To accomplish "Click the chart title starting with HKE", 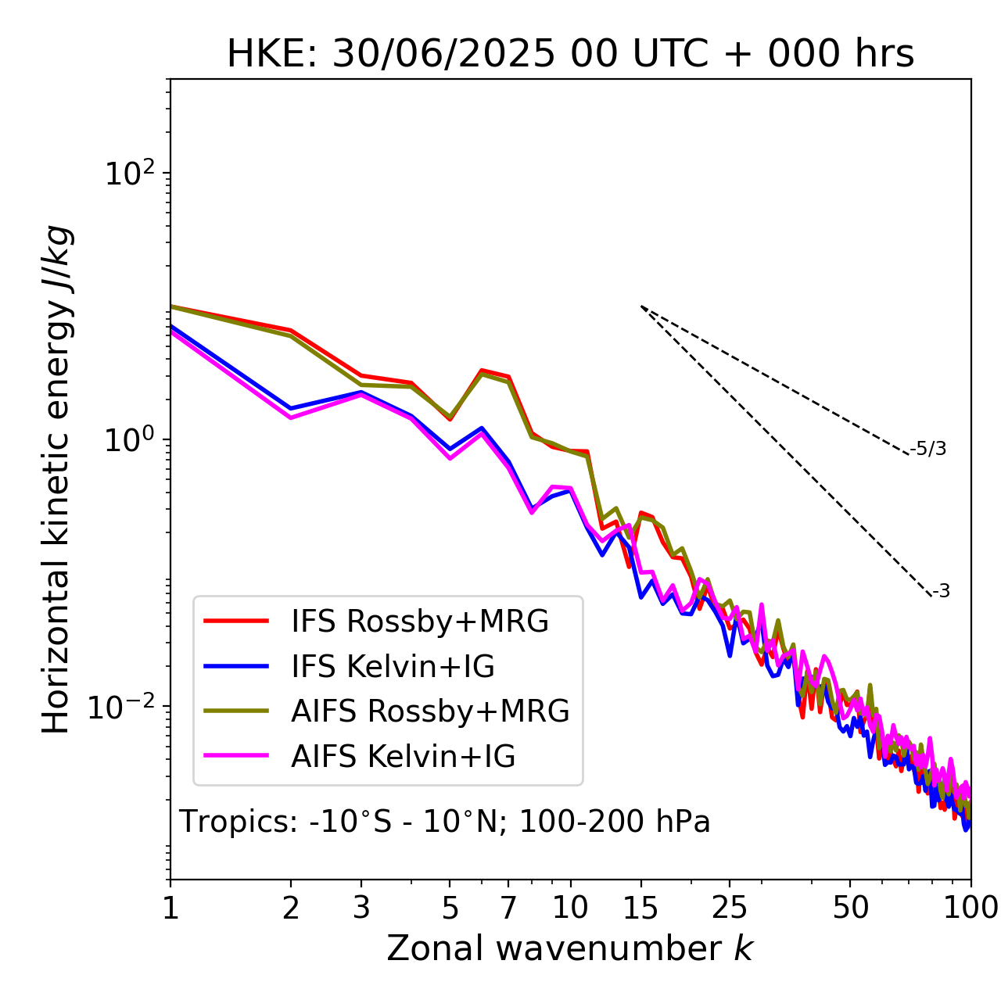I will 570,55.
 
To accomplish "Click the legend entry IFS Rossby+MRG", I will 419,622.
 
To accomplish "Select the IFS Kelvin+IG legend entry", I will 393,667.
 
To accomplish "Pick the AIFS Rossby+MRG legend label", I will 429,711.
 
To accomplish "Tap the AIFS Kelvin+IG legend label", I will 403,757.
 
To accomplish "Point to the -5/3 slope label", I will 928,449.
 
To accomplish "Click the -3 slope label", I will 941,592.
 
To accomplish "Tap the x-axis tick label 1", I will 170,908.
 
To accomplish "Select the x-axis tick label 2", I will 291,908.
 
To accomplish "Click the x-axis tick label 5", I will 450,908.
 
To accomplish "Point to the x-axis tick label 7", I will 508,908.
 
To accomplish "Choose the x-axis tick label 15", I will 640,908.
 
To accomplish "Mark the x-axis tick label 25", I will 730,908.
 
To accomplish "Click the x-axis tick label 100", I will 971,908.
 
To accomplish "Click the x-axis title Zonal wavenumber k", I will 569,948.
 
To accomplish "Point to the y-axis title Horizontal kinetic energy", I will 56,480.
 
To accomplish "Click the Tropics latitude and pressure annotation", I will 444,822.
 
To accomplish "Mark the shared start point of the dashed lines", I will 641,306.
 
